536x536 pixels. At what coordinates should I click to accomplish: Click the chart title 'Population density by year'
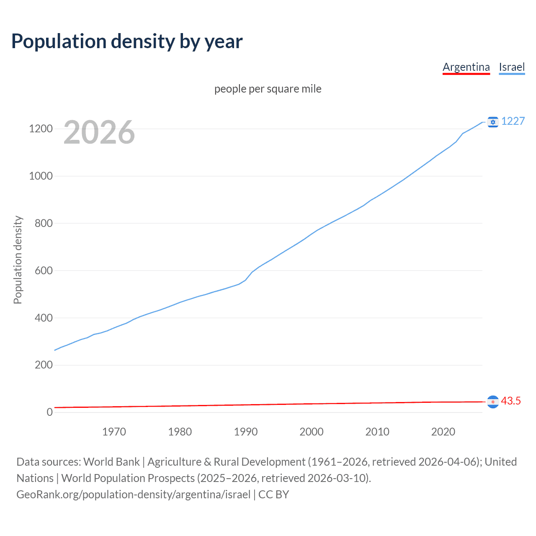pos(127,41)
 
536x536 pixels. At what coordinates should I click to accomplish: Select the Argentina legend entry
pos(466,67)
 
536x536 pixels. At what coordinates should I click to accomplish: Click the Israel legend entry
pos(512,67)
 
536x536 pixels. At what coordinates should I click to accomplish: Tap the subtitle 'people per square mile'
pos(268,89)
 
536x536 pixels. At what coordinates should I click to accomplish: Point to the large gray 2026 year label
pos(99,132)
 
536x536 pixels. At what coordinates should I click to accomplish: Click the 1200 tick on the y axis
pos(41,129)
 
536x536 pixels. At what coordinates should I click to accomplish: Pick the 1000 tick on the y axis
pos(41,176)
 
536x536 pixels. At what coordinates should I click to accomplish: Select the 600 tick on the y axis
pos(44,271)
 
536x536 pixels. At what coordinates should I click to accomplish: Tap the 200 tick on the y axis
pos(44,365)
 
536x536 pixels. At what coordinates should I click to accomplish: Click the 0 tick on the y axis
pos(50,412)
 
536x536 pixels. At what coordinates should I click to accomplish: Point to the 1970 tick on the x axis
pos(114,432)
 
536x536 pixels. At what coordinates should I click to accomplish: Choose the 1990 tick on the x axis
pos(246,432)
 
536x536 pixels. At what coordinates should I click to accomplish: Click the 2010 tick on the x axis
pos(377,432)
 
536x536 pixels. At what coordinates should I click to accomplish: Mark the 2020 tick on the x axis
pos(443,432)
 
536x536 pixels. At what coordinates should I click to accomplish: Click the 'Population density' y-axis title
pos(18,260)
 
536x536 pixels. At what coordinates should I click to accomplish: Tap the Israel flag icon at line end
pos(493,122)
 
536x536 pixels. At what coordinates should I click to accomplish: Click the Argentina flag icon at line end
pos(493,402)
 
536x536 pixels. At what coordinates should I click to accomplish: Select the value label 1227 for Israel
pos(513,121)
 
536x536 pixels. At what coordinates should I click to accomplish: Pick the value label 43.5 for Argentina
pos(511,401)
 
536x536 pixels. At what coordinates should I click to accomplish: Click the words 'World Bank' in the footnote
pos(111,462)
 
